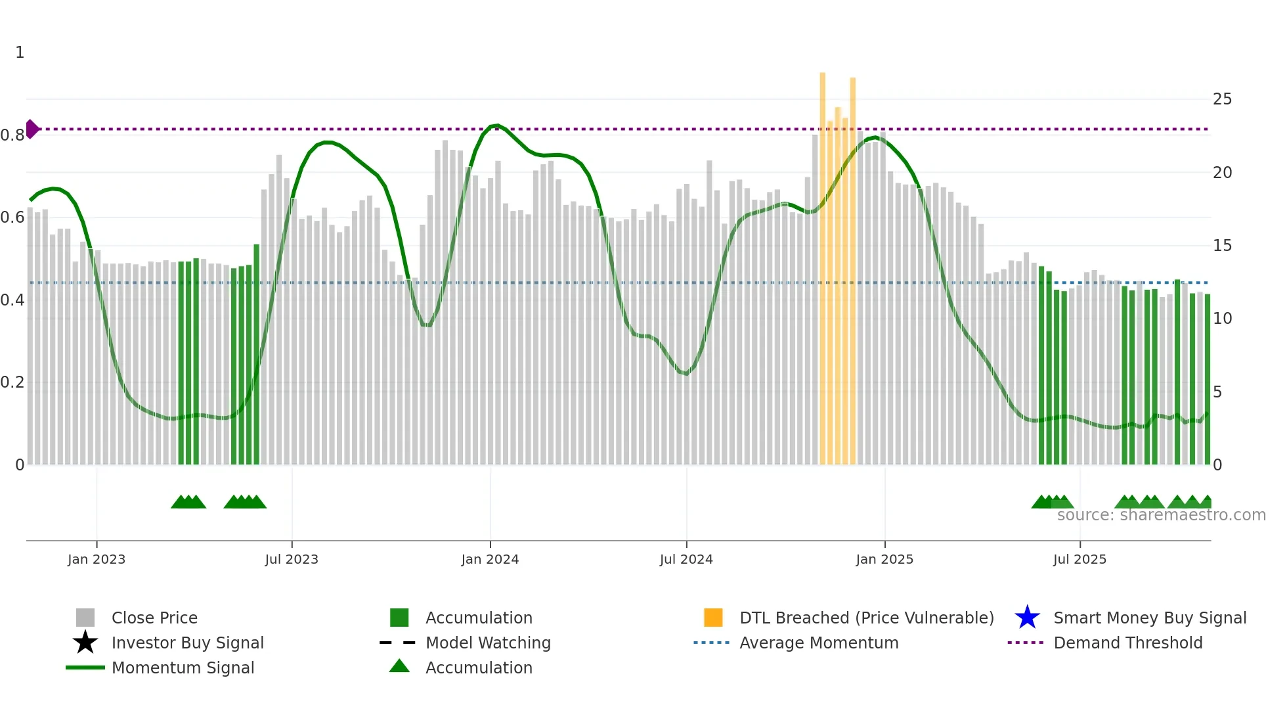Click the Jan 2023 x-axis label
(x=97, y=559)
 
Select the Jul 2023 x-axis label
(x=292, y=559)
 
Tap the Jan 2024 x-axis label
(x=490, y=559)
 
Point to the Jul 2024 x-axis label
(x=686, y=559)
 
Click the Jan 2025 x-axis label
(x=884, y=559)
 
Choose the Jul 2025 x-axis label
(x=1080, y=559)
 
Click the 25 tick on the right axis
(x=1222, y=99)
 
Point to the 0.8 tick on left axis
(x=12, y=135)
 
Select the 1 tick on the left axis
(x=20, y=53)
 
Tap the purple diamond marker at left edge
(x=32, y=129)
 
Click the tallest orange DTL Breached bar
(x=822, y=263)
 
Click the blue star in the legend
(x=1027, y=618)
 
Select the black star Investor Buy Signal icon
(x=85, y=643)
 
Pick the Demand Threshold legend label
(x=1127, y=643)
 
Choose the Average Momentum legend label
(x=819, y=643)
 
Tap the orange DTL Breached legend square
(x=713, y=618)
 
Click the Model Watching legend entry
(x=488, y=643)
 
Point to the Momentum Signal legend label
(x=183, y=667)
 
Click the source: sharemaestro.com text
(x=1161, y=515)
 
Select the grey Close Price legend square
(x=85, y=618)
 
